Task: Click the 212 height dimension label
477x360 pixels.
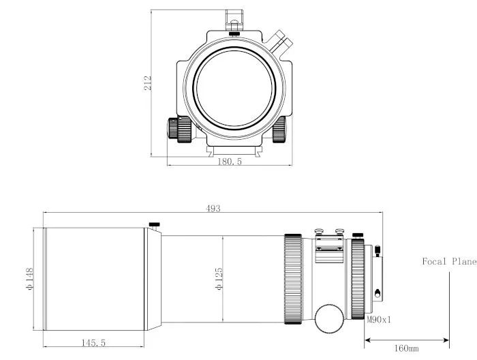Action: click(x=147, y=83)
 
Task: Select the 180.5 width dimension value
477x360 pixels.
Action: click(x=229, y=162)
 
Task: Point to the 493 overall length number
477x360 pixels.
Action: click(x=213, y=209)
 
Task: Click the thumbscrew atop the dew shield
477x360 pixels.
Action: click(x=155, y=224)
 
